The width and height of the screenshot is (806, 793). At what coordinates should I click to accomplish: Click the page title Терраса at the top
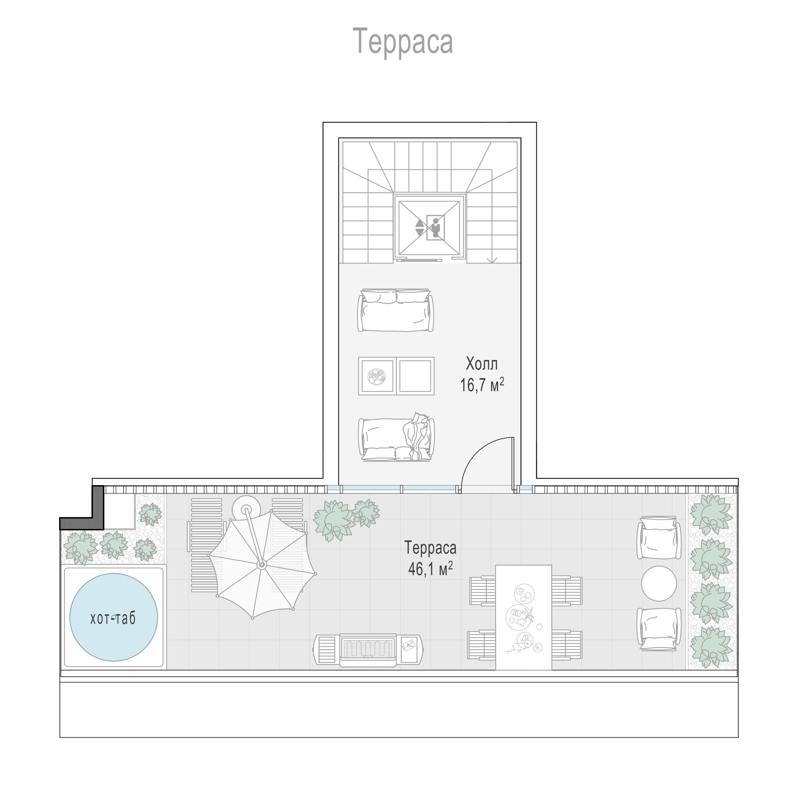[x=403, y=42]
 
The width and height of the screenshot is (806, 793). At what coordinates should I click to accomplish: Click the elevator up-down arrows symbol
[x=419, y=227]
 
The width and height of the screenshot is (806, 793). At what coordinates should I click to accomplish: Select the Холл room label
[x=481, y=364]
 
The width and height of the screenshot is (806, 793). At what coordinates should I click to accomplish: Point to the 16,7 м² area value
[x=482, y=385]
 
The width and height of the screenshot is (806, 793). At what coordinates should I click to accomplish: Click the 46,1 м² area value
[x=430, y=568]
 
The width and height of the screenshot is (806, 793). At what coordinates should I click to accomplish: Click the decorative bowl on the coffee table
[x=377, y=376]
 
